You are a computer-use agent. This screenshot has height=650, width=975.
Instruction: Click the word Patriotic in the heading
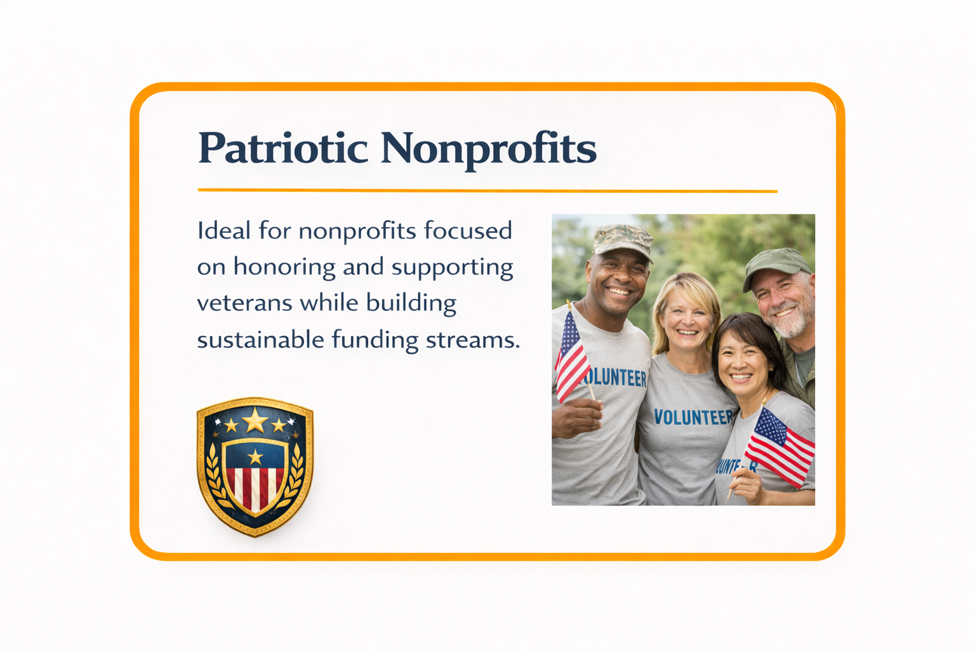pos(283,149)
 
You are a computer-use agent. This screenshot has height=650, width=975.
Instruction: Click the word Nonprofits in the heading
pos(488,149)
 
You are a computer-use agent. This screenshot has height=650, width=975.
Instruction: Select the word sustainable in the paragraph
pos(260,340)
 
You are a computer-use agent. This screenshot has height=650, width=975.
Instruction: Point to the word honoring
pos(284,267)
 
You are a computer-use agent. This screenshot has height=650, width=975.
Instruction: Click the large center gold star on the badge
pos(255,420)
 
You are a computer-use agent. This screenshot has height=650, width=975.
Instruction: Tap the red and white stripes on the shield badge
pos(255,487)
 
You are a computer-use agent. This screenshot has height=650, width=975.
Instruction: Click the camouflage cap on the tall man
pos(621,239)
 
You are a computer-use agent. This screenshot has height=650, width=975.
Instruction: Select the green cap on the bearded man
pos(776,263)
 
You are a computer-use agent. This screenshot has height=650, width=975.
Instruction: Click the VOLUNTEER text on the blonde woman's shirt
pos(693,417)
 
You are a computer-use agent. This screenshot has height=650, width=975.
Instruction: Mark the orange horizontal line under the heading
pos(487,190)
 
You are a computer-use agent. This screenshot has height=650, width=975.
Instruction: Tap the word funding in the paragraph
pos(375,340)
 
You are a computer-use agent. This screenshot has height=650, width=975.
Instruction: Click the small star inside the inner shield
pos(255,456)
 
